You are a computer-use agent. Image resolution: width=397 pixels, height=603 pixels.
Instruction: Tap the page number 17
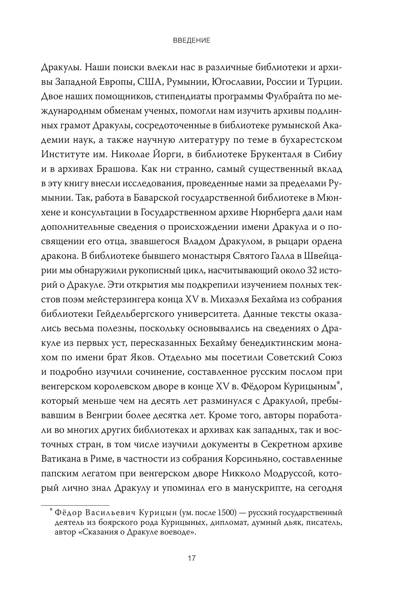click(x=192, y=558)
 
